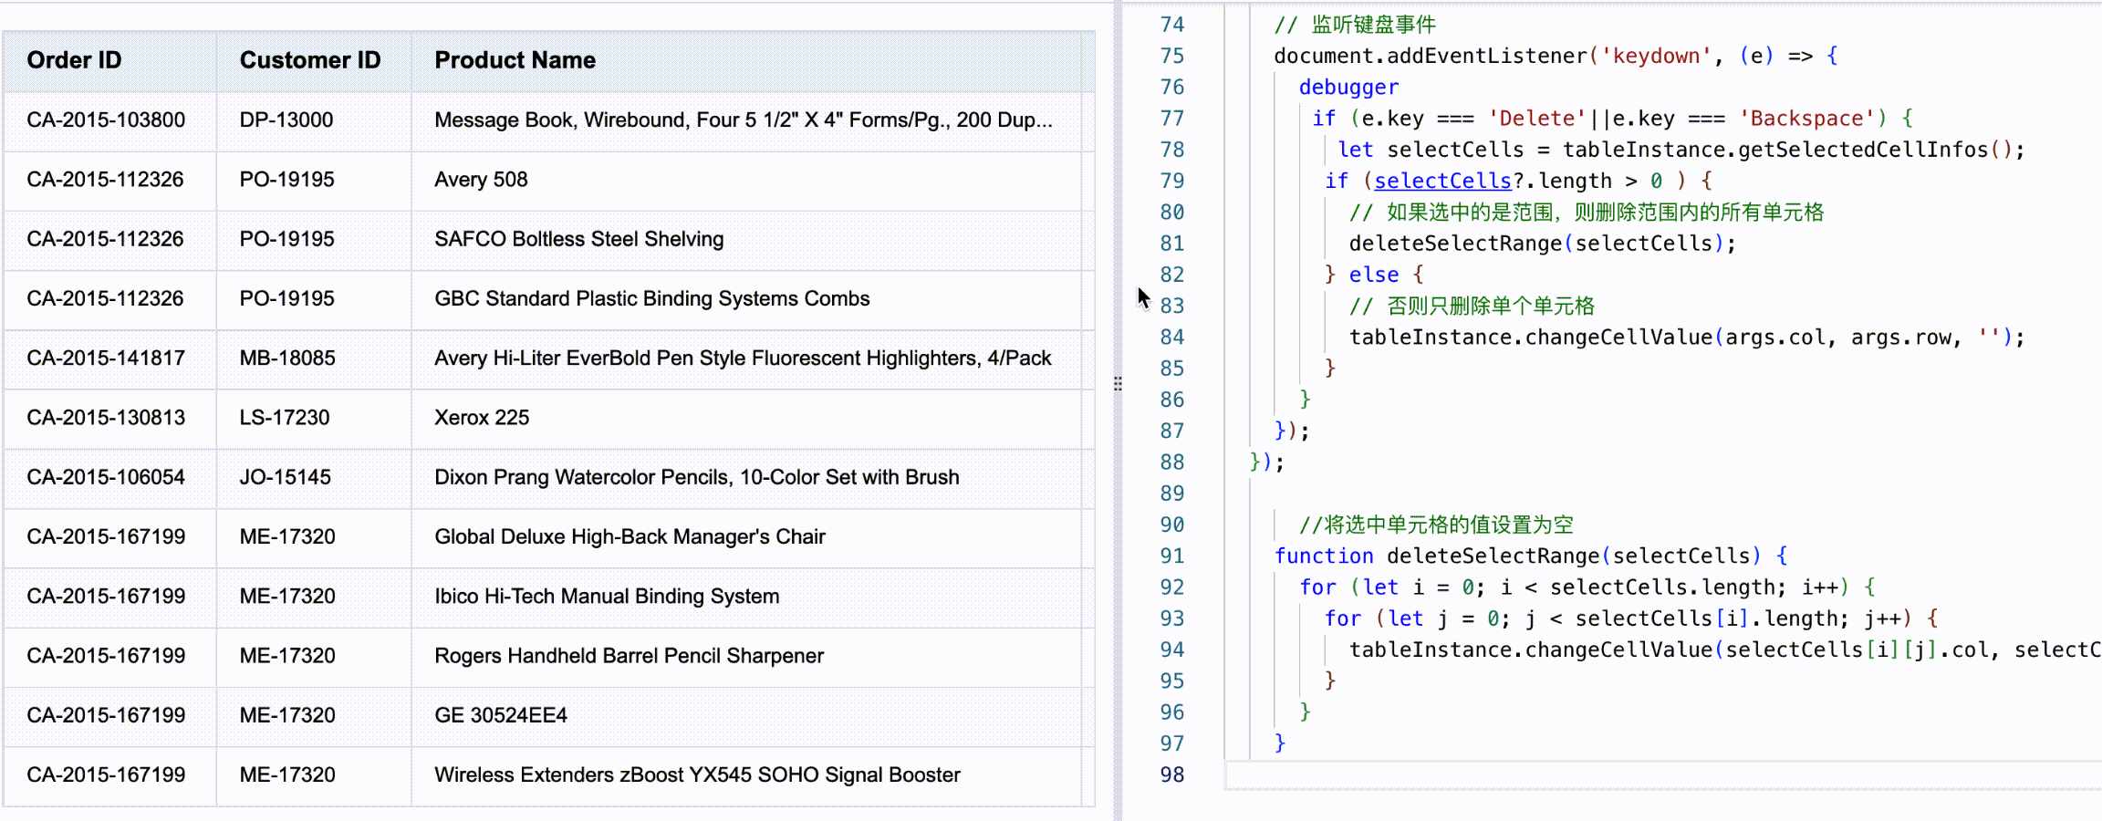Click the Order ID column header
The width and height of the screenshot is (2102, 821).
(74, 60)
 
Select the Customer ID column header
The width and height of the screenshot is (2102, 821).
(309, 60)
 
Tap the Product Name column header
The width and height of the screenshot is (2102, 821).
(515, 60)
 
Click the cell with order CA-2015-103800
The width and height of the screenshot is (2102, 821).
(106, 120)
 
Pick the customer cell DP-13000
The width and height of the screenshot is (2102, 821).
(286, 120)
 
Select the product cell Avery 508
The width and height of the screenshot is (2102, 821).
(481, 180)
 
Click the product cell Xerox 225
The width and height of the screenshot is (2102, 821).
(482, 418)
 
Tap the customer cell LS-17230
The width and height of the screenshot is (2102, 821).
(285, 418)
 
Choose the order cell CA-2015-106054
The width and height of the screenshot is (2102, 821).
(106, 477)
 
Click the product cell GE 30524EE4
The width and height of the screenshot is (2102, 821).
(501, 715)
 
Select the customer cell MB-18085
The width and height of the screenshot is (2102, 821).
(287, 359)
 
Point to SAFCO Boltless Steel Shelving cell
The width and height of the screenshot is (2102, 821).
(578, 239)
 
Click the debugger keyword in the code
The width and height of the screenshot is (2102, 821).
(1348, 88)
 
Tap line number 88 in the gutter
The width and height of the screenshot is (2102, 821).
(1172, 462)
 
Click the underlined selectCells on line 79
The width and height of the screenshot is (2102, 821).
(1442, 182)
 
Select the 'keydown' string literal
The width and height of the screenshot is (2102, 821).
(1656, 57)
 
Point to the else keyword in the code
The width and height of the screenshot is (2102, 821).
(1374, 275)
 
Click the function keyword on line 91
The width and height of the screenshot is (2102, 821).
(1324, 556)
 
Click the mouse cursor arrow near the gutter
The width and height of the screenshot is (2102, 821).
(1143, 297)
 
